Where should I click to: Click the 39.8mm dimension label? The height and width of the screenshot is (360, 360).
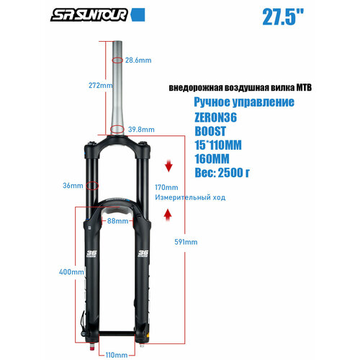pos(141,129)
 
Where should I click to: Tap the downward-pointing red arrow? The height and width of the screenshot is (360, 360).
pos(168,167)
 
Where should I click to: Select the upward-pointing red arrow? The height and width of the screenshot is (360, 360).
pos(168,214)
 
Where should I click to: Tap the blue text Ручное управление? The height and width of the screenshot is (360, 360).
pos(244,103)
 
